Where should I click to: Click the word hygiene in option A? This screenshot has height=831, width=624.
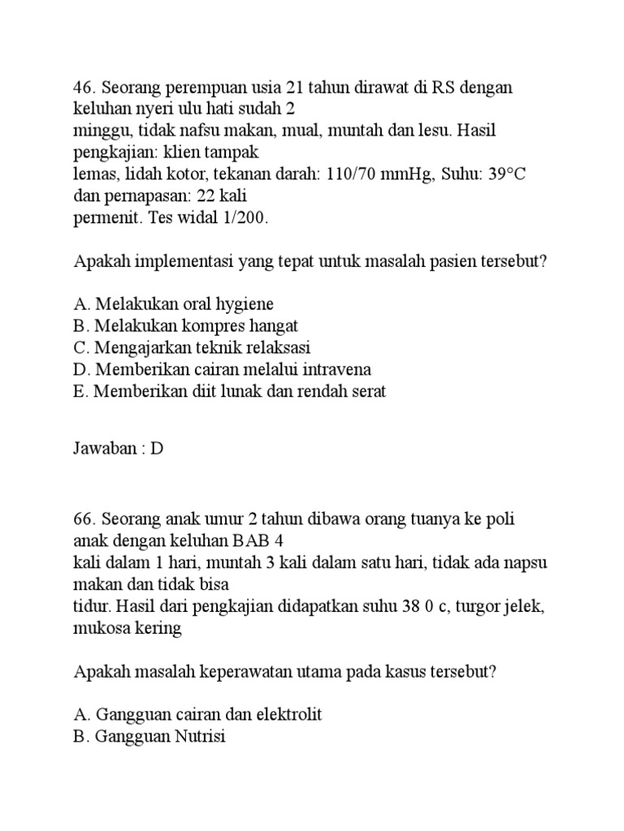coord(243,305)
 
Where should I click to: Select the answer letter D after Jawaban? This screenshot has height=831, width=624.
coord(158,449)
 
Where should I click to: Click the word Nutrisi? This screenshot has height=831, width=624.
coord(197,737)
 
